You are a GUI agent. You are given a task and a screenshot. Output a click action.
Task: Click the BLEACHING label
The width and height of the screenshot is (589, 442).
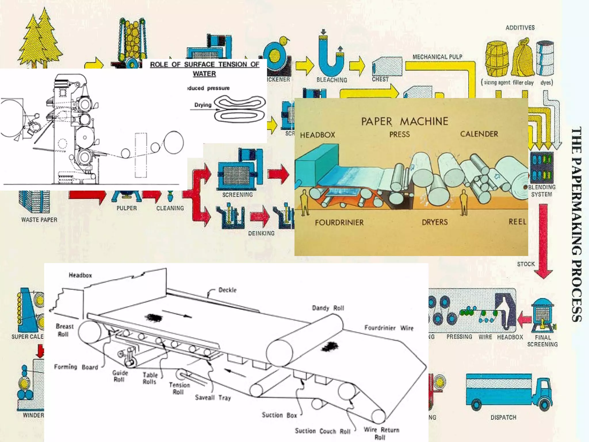point(332,80)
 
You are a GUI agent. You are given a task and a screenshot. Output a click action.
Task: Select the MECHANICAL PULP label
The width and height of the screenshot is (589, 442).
point(437,57)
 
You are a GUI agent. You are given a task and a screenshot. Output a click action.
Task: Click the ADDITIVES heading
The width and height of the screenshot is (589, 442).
point(520,28)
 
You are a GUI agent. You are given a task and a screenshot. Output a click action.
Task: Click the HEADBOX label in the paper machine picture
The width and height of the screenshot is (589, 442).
point(318,135)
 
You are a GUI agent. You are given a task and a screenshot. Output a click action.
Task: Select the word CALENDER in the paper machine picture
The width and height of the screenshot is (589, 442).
point(479,134)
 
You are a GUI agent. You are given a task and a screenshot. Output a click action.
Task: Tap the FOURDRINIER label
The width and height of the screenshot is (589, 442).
point(339,222)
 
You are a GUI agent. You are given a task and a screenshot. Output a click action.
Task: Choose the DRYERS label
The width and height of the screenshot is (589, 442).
point(435,222)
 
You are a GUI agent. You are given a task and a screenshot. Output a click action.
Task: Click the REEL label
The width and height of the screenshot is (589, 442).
point(517,222)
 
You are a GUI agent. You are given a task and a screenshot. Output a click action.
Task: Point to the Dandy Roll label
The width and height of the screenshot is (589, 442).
point(328,308)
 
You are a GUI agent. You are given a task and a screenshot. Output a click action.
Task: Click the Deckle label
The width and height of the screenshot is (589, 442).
point(227,290)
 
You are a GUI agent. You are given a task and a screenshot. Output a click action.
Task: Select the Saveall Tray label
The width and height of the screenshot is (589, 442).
point(213,398)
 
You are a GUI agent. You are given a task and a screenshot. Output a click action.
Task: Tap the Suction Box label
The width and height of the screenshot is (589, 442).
point(279,415)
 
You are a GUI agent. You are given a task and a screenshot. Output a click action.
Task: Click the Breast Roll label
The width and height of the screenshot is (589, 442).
point(64,330)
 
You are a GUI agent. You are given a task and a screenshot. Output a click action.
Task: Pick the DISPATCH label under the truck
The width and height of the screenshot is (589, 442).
point(503,417)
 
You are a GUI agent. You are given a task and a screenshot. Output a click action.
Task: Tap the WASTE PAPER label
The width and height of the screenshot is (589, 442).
point(39,220)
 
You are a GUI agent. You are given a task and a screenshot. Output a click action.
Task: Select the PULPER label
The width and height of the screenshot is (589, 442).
point(127,208)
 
